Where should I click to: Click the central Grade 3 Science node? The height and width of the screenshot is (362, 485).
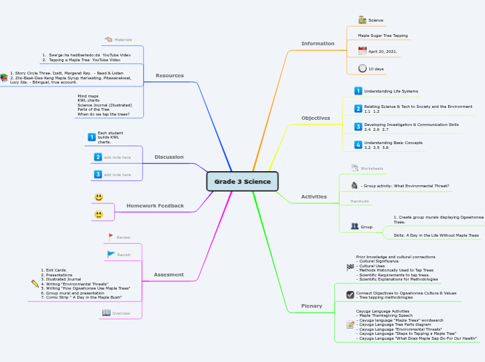(x=242, y=182)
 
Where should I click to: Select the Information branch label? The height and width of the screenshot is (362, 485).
(x=317, y=43)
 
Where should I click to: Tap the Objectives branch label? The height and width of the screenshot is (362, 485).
(x=315, y=118)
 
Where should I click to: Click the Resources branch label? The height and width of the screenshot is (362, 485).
(x=170, y=75)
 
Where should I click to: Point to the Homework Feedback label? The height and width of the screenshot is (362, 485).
(x=155, y=205)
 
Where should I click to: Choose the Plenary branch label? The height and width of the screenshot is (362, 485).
(x=311, y=306)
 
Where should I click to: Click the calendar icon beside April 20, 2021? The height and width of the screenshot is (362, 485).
(x=362, y=51)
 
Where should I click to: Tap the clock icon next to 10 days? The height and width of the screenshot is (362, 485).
(x=362, y=68)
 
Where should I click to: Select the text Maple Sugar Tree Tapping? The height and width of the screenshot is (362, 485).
(x=383, y=35)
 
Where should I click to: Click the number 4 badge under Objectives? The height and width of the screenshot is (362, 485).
(x=358, y=145)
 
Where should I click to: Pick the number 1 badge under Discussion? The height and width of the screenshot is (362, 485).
(x=92, y=137)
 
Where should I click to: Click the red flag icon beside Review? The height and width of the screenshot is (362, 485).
(x=111, y=237)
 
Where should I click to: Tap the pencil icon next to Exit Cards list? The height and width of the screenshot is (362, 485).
(x=35, y=283)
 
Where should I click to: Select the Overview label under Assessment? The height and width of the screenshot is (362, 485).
(x=121, y=313)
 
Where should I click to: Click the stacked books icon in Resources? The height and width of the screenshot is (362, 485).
(x=3, y=78)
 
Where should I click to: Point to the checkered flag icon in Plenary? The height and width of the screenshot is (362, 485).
(x=350, y=267)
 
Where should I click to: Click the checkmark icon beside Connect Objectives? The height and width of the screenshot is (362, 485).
(x=350, y=294)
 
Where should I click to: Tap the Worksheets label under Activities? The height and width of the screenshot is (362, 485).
(x=371, y=168)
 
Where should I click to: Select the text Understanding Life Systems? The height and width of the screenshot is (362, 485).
(x=391, y=91)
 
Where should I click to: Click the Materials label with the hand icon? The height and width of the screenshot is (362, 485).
(x=122, y=40)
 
